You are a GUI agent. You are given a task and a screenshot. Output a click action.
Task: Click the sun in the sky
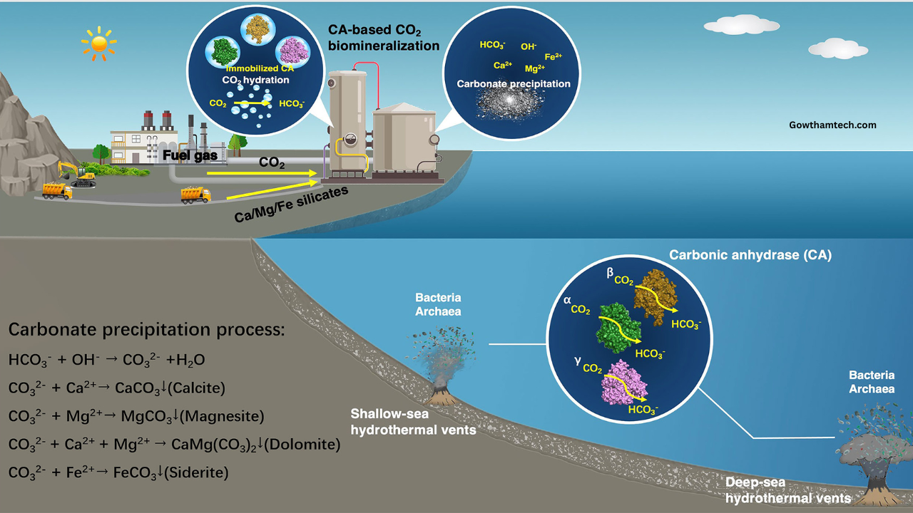pyautogui.click(x=98, y=43)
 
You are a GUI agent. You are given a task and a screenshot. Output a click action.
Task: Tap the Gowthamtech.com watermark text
pyautogui.click(x=832, y=125)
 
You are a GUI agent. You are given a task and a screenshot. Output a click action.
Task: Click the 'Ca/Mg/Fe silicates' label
pyautogui.click(x=291, y=204)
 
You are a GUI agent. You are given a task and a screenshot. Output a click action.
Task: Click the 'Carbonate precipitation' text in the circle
pyautogui.click(x=514, y=84)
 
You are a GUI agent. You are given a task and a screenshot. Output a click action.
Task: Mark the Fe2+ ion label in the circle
pyautogui.click(x=554, y=57)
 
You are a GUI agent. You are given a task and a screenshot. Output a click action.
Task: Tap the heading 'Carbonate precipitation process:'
pyautogui.click(x=146, y=331)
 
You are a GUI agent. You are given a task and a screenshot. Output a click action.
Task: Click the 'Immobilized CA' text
pyautogui.click(x=260, y=68)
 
